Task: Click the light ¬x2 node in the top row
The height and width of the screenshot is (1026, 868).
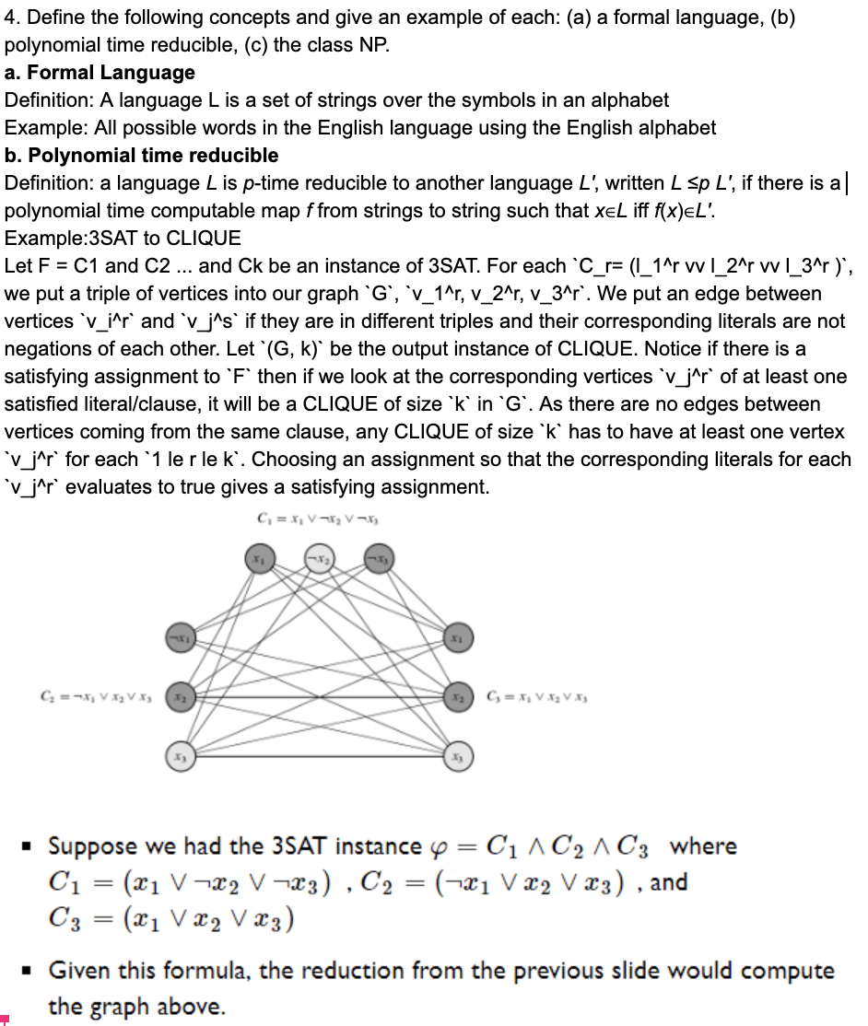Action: [318, 559]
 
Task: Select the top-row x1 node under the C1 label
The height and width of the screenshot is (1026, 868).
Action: [259, 559]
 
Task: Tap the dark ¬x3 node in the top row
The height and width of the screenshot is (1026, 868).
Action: [377, 559]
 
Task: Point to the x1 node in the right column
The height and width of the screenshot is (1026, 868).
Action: [457, 635]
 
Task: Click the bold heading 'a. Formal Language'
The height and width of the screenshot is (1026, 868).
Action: [100, 72]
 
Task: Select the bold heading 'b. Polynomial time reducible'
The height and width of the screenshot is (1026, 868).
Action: [141, 155]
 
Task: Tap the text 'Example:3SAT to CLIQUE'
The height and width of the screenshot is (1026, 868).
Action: [123, 239]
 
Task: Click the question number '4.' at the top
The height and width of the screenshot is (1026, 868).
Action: [13, 17]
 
